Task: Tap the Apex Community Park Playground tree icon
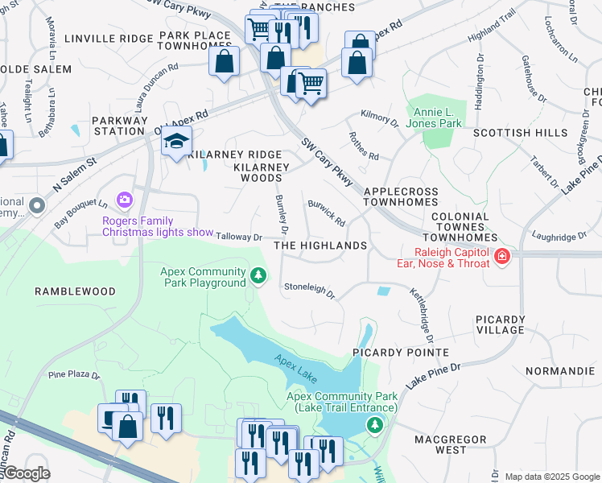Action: [258, 277]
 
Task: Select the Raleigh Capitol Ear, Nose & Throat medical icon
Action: [502, 256]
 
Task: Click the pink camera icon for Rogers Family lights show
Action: [125, 199]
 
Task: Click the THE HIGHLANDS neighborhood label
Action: [320, 246]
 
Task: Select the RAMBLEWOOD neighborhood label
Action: [75, 291]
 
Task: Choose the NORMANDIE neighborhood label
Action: [560, 371]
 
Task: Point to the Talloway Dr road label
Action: [240, 237]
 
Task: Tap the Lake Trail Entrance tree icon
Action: [373, 425]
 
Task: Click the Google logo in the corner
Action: [26, 473]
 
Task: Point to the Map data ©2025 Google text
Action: [552, 477]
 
